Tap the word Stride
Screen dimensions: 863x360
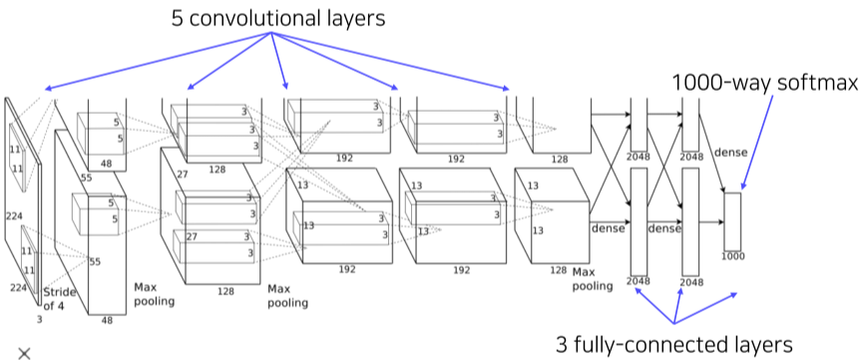coord(60,292)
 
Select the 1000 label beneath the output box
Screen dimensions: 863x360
coord(732,256)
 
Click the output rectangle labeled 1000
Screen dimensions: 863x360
coord(732,221)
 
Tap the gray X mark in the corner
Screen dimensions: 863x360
coord(24,353)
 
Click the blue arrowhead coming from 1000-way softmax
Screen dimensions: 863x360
coord(743,185)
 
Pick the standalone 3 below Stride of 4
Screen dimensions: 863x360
coord(39,319)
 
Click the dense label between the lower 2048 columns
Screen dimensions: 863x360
coord(664,227)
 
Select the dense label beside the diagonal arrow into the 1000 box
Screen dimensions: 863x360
coord(730,153)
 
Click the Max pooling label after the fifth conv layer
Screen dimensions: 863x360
coord(593,279)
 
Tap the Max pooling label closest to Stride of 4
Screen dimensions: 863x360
coord(154,294)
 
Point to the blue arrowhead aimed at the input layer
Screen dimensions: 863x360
coord(49,89)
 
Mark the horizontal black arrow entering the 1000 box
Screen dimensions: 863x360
coord(711,221)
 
